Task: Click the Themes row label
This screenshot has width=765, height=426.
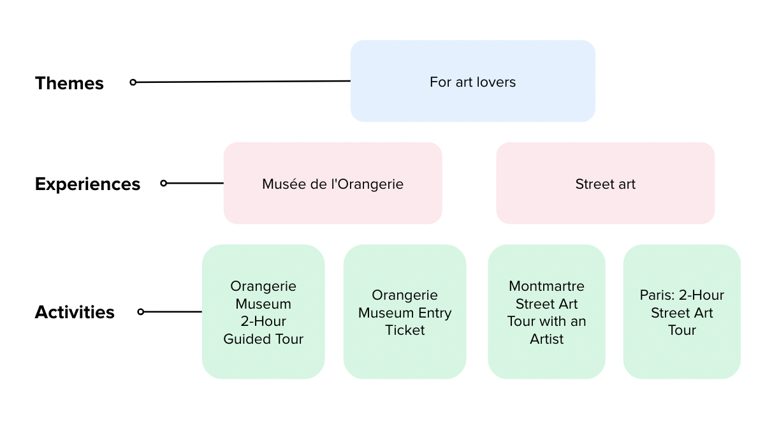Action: point(69,83)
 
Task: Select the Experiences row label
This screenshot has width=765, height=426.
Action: point(87,184)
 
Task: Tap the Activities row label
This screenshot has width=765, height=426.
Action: point(75,312)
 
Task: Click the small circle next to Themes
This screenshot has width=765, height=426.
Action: point(133,82)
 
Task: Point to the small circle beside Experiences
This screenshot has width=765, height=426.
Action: point(163,183)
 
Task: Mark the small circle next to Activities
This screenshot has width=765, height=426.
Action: point(141,312)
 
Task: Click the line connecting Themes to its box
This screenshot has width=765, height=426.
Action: point(242,82)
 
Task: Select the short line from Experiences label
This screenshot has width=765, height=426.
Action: point(194,183)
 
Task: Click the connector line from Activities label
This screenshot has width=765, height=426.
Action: point(172,312)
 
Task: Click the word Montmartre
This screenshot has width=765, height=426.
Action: point(546,286)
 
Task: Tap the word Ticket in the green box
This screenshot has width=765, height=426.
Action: point(405,330)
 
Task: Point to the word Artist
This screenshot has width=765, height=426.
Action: point(546,339)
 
